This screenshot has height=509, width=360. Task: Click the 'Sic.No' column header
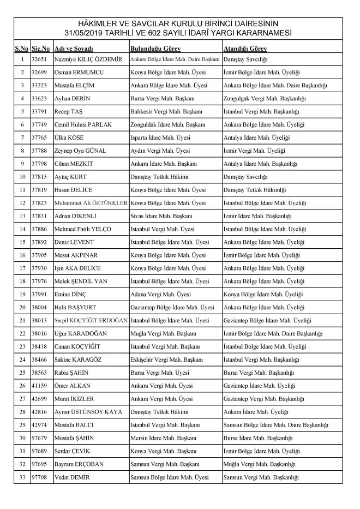tap(41, 48)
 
